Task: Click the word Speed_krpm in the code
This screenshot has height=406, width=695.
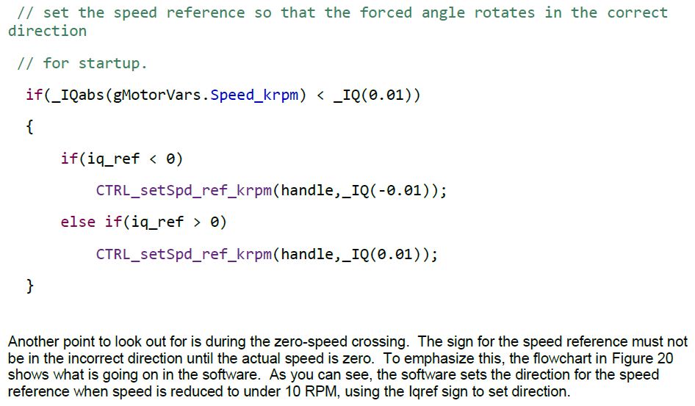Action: (x=258, y=95)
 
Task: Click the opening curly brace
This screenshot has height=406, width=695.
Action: (x=29, y=127)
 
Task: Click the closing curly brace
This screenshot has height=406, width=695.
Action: (x=29, y=286)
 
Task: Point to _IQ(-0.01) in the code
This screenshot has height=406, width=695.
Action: (x=388, y=191)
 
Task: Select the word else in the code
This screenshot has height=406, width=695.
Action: (x=78, y=222)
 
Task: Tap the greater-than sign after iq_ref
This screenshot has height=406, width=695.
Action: (x=197, y=222)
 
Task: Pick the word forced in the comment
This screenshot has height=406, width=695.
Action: (x=386, y=12)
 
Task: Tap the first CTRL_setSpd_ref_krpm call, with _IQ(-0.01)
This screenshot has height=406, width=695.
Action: (x=185, y=191)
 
